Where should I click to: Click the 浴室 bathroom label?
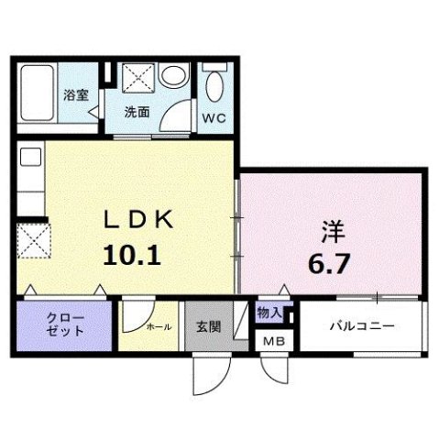(75, 94)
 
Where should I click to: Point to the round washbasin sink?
(170, 79)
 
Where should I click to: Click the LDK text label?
(139, 220)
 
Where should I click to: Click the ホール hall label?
(159, 325)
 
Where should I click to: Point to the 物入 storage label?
(269, 313)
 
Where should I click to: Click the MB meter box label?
(273, 341)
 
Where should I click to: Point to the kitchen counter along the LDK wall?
(27, 179)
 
